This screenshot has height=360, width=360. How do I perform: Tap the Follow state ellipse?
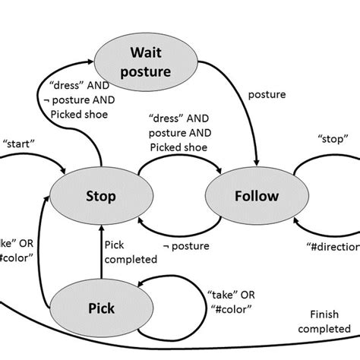(242, 197)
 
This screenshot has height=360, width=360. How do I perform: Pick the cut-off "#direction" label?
(334, 248)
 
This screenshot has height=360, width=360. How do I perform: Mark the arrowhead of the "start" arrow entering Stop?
(64, 169)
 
